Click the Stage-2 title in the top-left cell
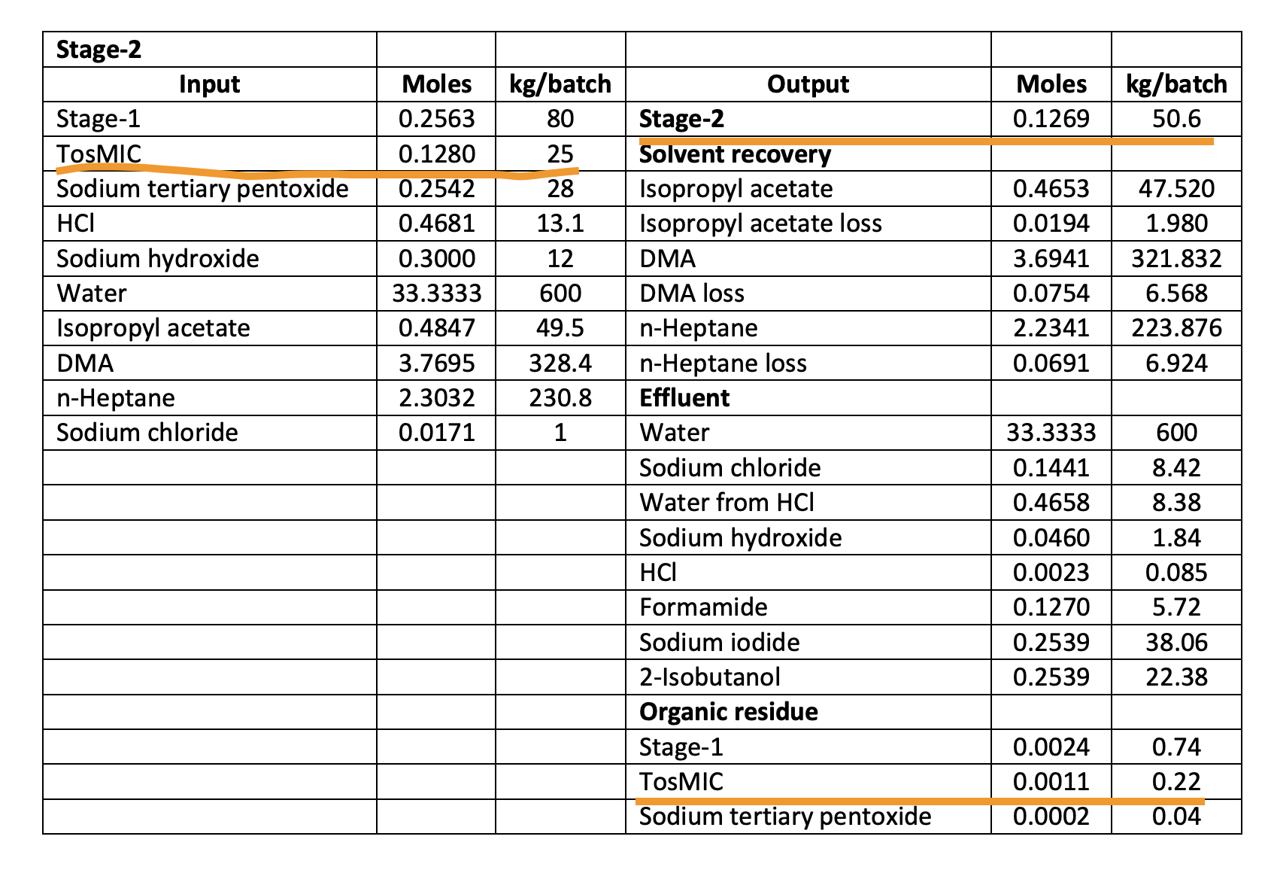(x=99, y=50)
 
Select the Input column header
(x=210, y=84)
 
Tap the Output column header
(x=808, y=84)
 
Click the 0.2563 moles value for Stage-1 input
(x=436, y=119)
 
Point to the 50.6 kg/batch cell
(x=1176, y=119)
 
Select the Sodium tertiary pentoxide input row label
(x=203, y=189)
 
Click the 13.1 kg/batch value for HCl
(x=560, y=224)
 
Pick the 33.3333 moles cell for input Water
(x=436, y=294)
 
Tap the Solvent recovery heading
(x=735, y=154)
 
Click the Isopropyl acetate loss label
(x=760, y=224)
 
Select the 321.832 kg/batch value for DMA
(x=1176, y=259)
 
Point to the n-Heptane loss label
(x=723, y=363)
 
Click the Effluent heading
(x=684, y=398)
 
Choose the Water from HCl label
(x=727, y=503)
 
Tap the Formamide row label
(x=704, y=607)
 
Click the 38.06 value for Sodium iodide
(x=1176, y=643)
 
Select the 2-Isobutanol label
(x=710, y=677)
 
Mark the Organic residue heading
(x=729, y=712)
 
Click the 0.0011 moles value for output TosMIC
(x=1051, y=782)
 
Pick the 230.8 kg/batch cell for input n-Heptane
(x=560, y=398)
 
